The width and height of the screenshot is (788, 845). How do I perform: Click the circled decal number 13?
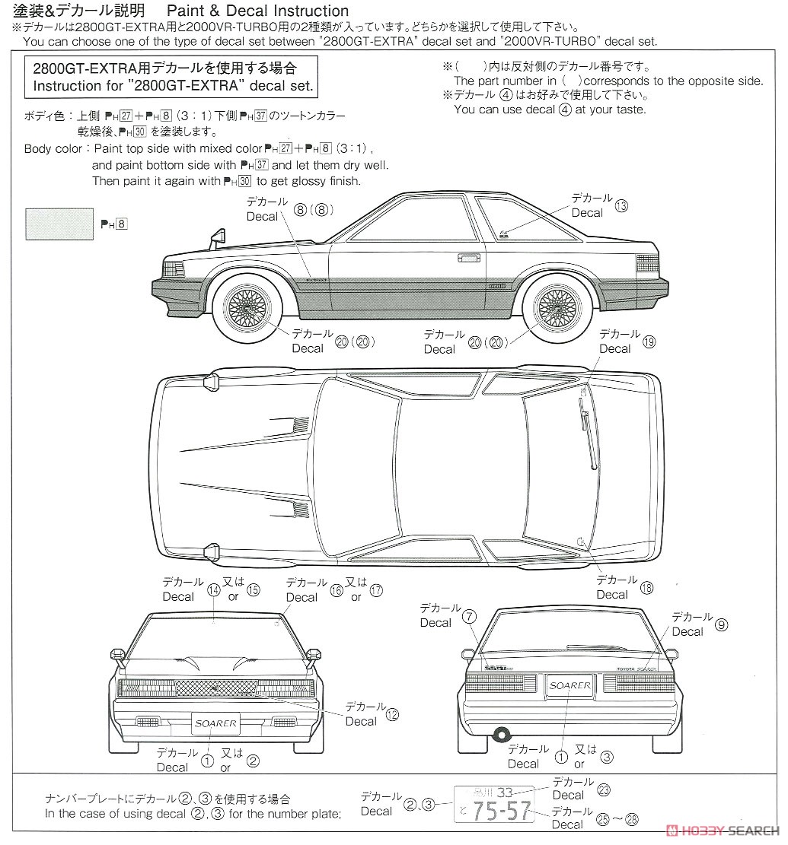pyautogui.click(x=621, y=206)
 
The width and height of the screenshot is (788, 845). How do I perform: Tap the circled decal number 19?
pyautogui.click(x=649, y=341)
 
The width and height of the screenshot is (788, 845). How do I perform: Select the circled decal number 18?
pyautogui.click(x=646, y=587)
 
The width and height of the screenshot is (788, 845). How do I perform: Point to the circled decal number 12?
pyautogui.click(x=392, y=714)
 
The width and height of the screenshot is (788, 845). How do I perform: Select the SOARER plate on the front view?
pyautogui.click(x=215, y=723)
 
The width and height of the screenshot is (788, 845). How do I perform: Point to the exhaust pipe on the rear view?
pyautogui.click(x=501, y=734)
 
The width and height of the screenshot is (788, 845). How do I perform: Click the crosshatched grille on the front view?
pyautogui.click(x=216, y=688)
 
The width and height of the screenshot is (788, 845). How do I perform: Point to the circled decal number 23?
pyautogui.click(x=604, y=789)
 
